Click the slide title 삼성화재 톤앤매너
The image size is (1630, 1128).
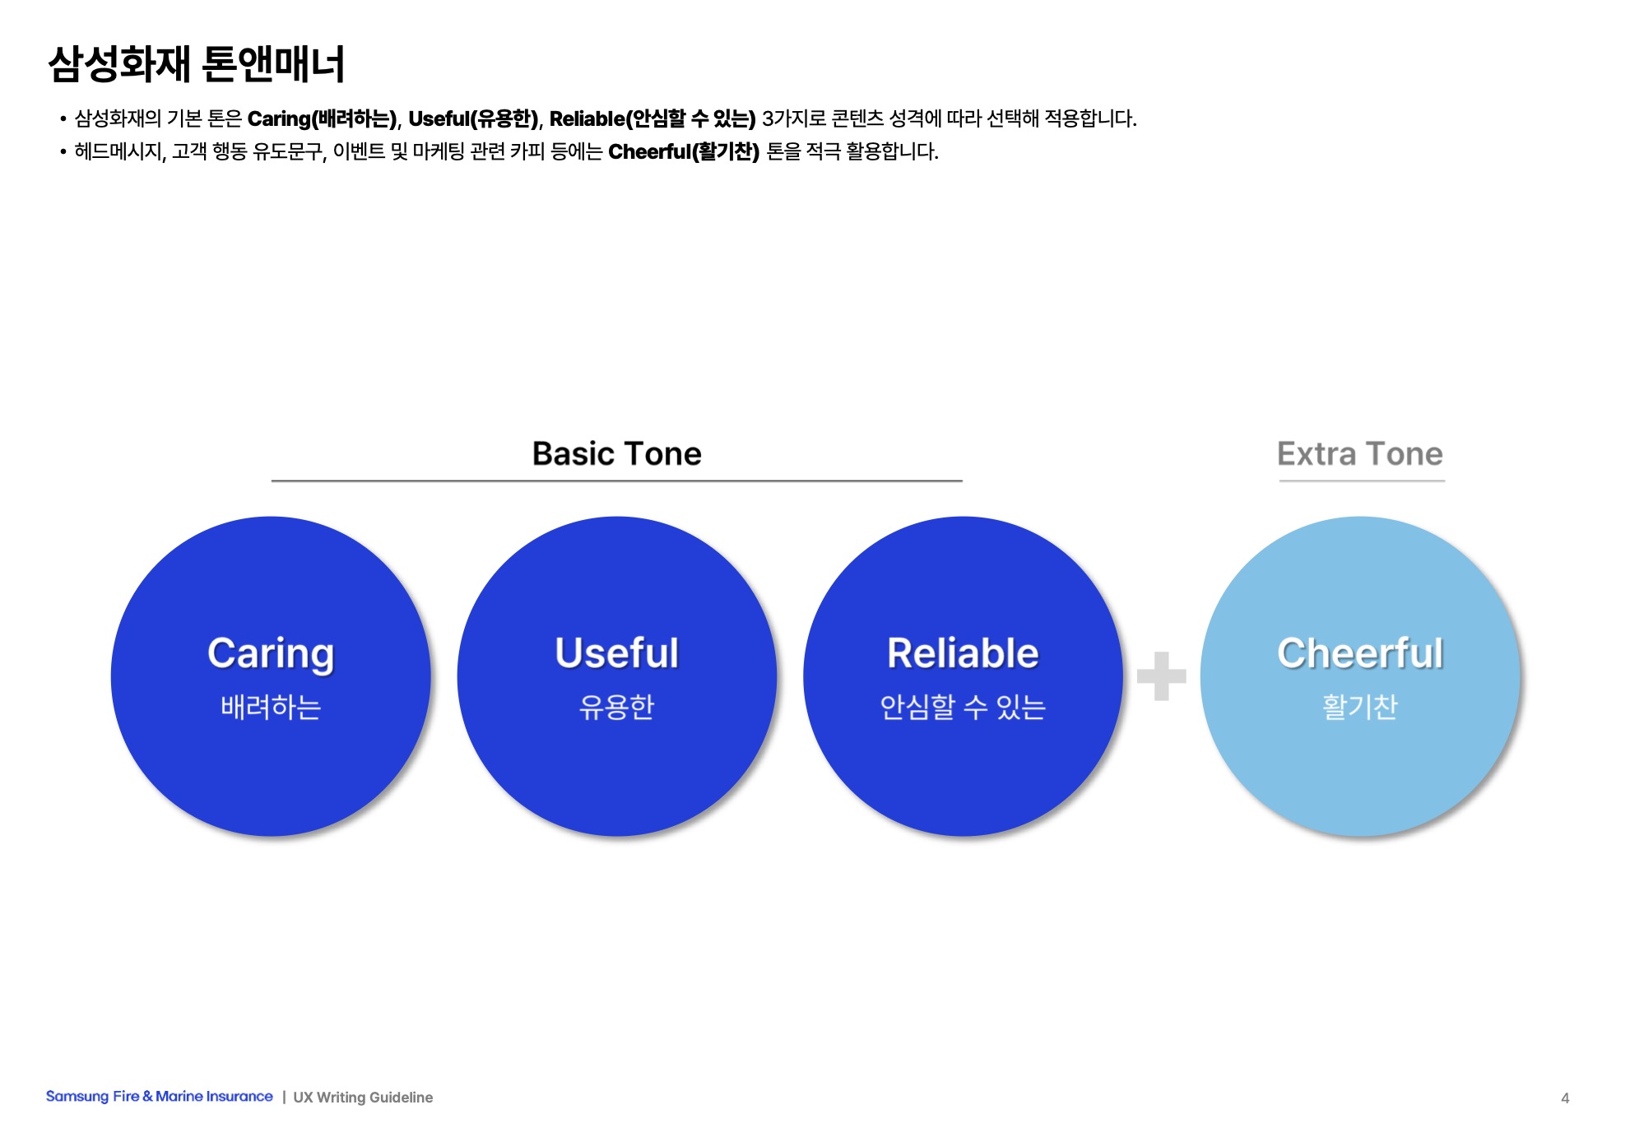[196, 64]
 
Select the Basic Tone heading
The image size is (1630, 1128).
[616, 454]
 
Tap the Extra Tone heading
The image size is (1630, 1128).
[1359, 454]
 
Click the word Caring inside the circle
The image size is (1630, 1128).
[271, 654]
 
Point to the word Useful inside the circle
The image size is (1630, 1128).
[616, 654]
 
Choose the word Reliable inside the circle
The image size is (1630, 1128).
[963, 654]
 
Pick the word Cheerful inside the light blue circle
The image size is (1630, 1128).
[1359, 654]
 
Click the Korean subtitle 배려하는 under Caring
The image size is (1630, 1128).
[271, 707]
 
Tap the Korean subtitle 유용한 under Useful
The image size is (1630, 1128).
[616, 707]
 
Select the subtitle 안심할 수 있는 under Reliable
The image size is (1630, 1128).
[963, 707]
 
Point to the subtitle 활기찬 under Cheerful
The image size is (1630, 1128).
[1359, 707]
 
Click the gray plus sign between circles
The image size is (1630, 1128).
[1161, 676]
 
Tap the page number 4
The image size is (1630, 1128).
[1565, 1098]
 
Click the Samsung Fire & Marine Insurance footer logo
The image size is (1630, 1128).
[159, 1097]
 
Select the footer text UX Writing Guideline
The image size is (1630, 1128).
[363, 1098]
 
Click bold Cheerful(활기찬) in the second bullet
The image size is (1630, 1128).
[683, 152]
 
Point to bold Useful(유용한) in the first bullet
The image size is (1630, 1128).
[473, 119]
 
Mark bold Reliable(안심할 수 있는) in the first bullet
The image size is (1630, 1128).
[652, 119]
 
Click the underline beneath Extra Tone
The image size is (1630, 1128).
[1362, 480]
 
